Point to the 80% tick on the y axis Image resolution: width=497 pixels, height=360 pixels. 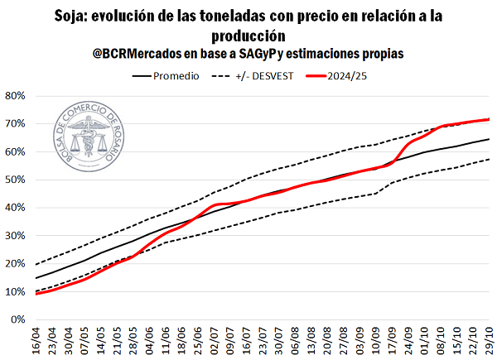(x=15, y=96)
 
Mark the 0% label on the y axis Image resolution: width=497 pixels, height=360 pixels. (x=18, y=319)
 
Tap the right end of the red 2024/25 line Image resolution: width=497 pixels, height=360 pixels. (x=489, y=120)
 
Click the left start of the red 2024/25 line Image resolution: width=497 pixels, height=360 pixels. (x=36, y=293)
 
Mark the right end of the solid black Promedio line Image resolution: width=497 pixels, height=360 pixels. (x=489, y=139)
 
